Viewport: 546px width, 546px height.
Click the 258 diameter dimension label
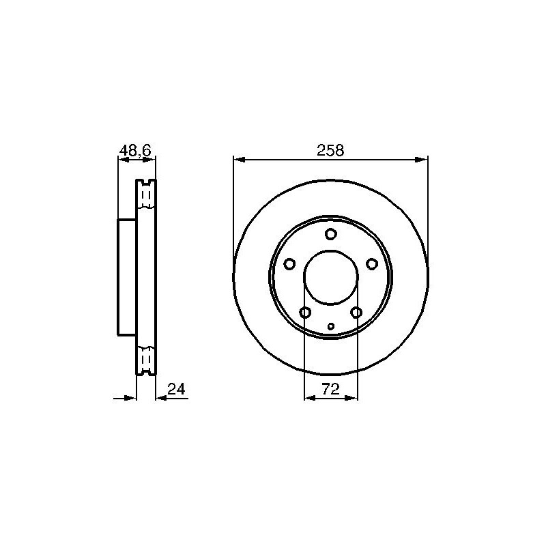pyautogui.click(x=330, y=150)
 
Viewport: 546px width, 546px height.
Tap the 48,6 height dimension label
pyautogui.click(x=135, y=150)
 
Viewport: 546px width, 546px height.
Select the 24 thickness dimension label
pyautogui.click(x=177, y=389)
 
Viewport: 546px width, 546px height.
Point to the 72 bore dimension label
pyautogui.click(x=330, y=389)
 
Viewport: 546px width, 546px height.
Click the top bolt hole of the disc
pyautogui.click(x=330, y=233)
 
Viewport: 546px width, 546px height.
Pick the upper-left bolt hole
pyautogui.click(x=289, y=264)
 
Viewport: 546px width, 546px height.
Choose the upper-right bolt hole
pyautogui.click(x=372, y=264)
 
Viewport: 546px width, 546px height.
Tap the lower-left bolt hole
pyautogui.click(x=305, y=313)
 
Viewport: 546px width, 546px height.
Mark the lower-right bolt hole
pyautogui.click(x=356, y=313)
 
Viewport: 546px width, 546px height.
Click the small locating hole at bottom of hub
pyautogui.click(x=331, y=326)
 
